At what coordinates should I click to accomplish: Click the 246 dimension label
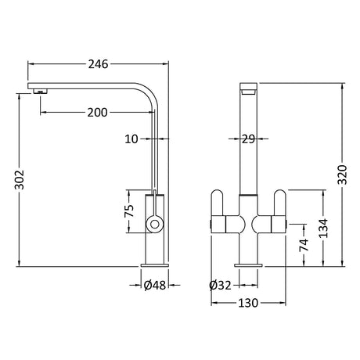click(x=98, y=64)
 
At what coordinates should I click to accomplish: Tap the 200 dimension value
click(x=97, y=113)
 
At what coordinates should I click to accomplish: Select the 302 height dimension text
click(x=20, y=179)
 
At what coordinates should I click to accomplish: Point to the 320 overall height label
click(x=342, y=175)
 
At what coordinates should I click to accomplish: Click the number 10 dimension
click(x=131, y=139)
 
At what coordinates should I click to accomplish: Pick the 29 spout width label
click(x=248, y=139)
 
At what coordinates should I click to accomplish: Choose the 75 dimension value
click(x=129, y=211)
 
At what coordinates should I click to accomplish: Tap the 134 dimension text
click(x=323, y=229)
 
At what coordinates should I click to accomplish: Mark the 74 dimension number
click(x=304, y=245)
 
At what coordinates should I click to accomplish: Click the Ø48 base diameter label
click(x=155, y=286)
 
